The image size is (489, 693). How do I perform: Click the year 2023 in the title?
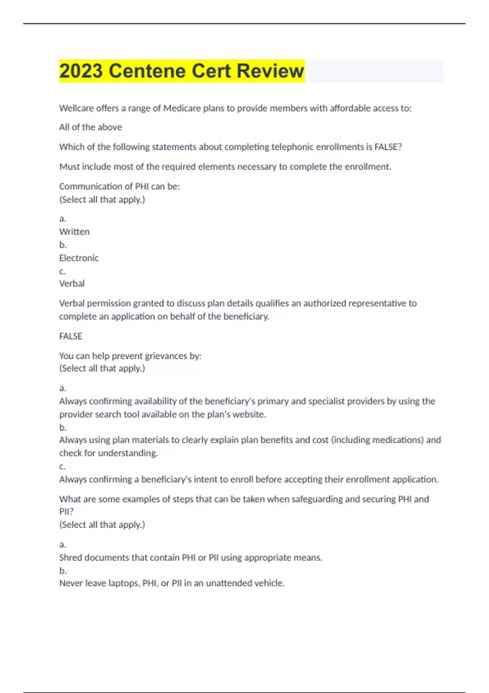tap(81, 71)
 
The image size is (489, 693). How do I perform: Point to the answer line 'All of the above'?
tap(90, 127)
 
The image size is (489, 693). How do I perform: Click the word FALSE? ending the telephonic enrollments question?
tap(388, 147)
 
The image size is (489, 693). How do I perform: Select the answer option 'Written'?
tap(74, 232)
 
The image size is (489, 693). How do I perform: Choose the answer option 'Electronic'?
tap(79, 258)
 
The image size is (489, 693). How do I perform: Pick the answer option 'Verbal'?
tap(72, 283)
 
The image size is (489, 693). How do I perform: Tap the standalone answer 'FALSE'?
tap(70, 336)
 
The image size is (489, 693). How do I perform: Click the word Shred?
tap(70, 558)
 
